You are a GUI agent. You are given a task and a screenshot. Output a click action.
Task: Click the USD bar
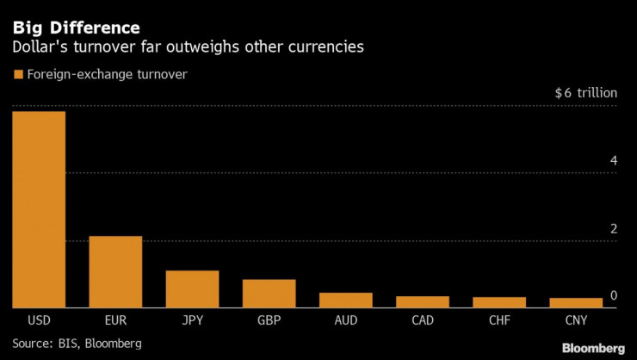[x=39, y=209]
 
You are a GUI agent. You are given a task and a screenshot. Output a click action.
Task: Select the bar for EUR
[x=115, y=271]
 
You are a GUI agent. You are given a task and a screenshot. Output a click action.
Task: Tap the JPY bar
[x=192, y=289]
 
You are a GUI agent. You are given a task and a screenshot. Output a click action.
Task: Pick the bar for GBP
[x=269, y=293]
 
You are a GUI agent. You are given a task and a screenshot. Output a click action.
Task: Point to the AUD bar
[x=345, y=300]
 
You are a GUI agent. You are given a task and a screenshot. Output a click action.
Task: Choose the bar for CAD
[x=422, y=301]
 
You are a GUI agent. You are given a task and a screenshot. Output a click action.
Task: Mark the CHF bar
[x=498, y=302]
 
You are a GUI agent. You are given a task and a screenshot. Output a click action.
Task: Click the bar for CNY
[x=575, y=302]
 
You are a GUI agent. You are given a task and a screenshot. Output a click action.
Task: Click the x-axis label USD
[x=39, y=320]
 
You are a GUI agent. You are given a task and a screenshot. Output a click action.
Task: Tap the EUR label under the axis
[x=115, y=320]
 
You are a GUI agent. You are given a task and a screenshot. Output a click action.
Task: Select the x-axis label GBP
[x=269, y=320]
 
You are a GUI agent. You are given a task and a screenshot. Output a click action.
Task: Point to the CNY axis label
[x=575, y=320]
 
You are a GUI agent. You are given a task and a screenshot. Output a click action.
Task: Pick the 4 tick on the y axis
[x=614, y=161]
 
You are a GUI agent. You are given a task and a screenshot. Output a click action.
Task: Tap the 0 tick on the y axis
[x=614, y=296]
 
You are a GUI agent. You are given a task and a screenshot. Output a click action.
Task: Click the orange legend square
[x=17, y=75]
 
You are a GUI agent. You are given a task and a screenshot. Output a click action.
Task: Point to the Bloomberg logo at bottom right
[x=594, y=348]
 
